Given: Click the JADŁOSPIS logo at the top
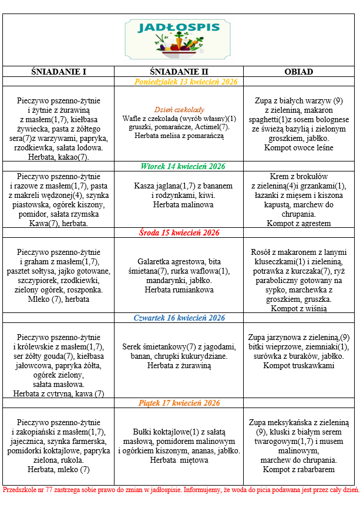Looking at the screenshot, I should [x=180, y=39].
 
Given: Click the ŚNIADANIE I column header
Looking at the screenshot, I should [x=58, y=72].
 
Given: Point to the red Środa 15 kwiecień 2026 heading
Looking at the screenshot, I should [x=179, y=233].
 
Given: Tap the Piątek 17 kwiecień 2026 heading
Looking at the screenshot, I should [x=179, y=403].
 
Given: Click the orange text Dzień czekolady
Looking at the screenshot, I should [x=179, y=110].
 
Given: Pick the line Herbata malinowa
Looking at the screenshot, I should [x=179, y=204].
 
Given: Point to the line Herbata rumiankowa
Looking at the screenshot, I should [x=179, y=290].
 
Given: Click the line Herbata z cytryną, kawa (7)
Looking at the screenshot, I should [x=59, y=393].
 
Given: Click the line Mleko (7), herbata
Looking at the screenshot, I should [x=58, y=299].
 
